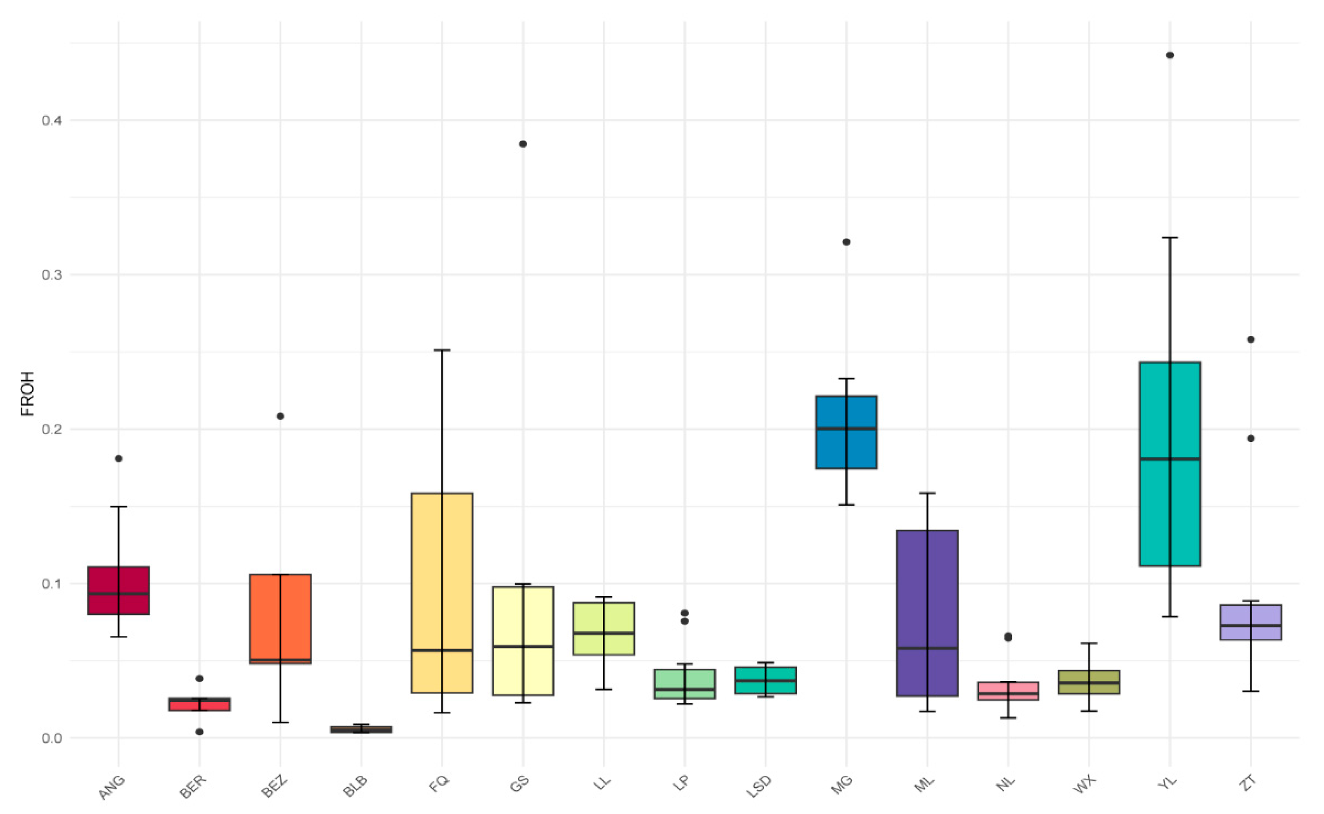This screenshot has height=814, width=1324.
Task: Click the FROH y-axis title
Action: click(27, 393)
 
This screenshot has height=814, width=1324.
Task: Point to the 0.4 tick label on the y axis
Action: click(52, 120)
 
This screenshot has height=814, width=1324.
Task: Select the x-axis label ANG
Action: click(112, 787)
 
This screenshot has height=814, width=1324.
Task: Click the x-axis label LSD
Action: click(759, 787)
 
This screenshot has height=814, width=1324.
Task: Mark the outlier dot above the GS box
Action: click(523, 144)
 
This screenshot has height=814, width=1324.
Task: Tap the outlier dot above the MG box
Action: click(847, 242)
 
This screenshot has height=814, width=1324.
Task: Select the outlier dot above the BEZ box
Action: click(280, 416)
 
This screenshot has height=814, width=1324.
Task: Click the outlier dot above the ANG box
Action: click(119, 459)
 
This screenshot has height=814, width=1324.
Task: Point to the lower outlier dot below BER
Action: click(199, 732)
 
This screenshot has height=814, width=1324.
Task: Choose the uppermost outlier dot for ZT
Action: click(1251, 340)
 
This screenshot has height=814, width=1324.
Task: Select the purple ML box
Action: click(927, 592)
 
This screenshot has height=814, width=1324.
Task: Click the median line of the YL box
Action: click(1170, 459)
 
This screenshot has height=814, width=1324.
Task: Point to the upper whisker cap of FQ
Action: click(442, 350)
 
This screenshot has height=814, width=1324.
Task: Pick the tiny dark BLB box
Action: click(361, 729)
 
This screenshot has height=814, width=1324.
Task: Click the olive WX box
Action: click(1089, 682)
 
